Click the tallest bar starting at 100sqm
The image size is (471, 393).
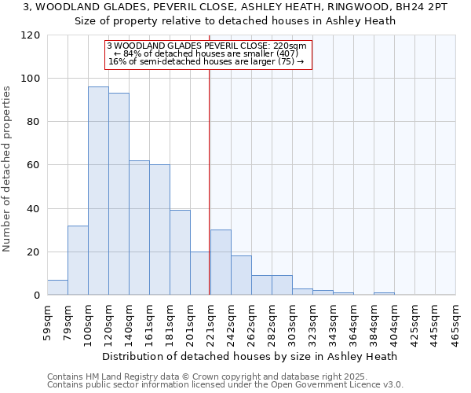[x=98, y=191]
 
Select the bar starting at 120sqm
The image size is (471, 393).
[x=119, y=194]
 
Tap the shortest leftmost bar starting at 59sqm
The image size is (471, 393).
[x=57, y=288]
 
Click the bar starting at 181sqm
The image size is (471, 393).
[x=180, y=252]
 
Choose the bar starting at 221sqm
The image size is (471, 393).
[x=221, y=263]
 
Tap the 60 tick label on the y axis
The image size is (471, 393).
[x=35, y=165]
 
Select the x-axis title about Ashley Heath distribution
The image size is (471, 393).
[x=250, y=356]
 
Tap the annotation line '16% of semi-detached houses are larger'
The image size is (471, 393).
[x=206, y=61]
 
